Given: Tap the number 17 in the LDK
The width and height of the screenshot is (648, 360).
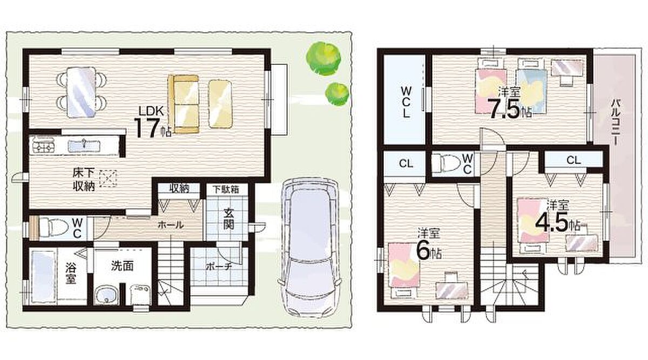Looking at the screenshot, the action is [147, 128].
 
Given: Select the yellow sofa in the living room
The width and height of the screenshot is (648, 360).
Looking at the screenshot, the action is [184, 104].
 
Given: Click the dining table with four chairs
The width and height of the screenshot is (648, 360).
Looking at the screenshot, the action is [82, 92].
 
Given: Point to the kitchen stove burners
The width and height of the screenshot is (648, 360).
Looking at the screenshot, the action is [43, 145].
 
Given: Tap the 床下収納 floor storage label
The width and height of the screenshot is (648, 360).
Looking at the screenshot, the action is [84, 180].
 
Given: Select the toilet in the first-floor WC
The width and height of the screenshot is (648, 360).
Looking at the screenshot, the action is [52, 228].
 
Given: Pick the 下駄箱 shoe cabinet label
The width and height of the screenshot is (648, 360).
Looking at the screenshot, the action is [226, 189].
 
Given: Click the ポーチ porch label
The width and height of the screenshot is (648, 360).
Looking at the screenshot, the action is [219, 267].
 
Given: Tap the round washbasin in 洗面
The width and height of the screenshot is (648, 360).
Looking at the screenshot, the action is [107, 295].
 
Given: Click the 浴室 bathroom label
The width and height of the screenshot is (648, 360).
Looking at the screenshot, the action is [71, 273].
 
